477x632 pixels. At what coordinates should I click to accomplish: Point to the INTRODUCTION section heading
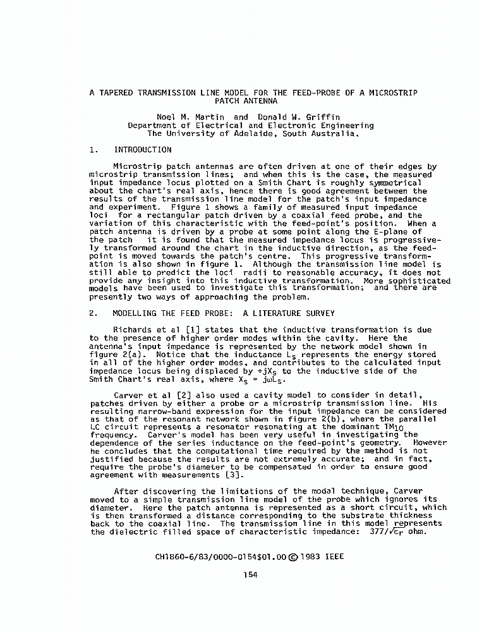coord(142,150)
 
